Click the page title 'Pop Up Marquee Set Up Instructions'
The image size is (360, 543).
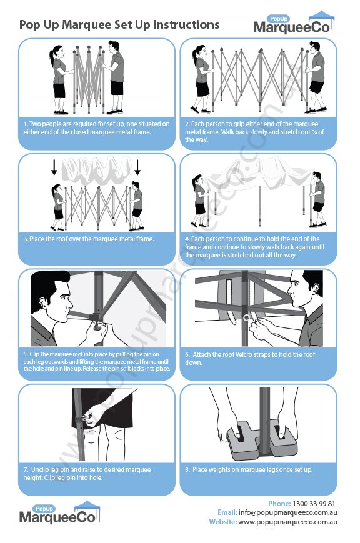click(x=119, y=24)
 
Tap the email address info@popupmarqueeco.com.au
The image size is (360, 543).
click(x=287, y=512)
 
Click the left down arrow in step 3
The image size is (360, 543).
click(x=54, y=167)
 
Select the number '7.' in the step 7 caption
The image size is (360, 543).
click(x=26, y=469)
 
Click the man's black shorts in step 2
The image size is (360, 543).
click(x=317, y=85)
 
